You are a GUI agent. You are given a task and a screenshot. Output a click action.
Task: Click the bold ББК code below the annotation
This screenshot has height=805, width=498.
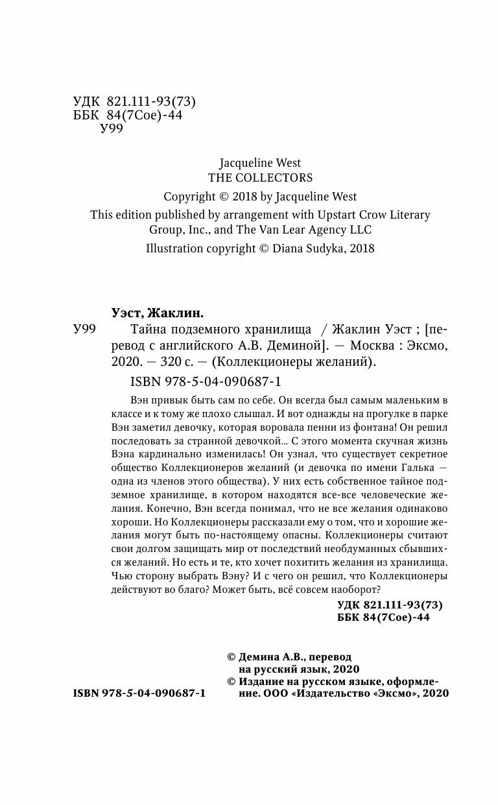tap(384, 618)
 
